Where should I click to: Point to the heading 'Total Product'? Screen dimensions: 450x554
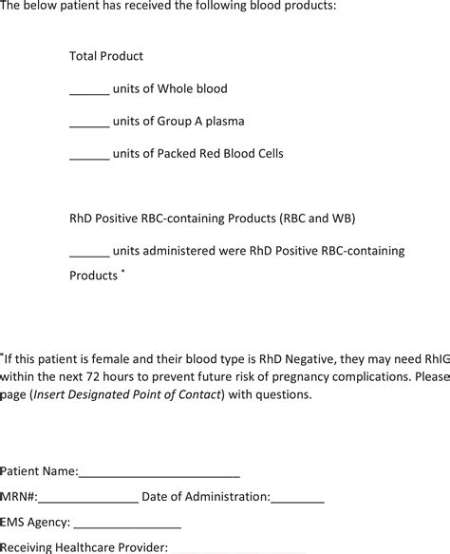click(x=106, y=56)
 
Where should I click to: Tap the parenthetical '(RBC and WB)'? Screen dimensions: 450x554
click(x=316, y=218)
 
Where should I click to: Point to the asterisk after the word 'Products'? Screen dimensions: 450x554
click(x=122, y=272)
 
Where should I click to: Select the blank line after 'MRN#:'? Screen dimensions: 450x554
click(x=88, y=498)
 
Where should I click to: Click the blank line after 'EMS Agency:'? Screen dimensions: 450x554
click(x=126, y=524)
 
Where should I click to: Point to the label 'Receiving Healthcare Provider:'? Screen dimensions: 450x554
click(x=84, y=546)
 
